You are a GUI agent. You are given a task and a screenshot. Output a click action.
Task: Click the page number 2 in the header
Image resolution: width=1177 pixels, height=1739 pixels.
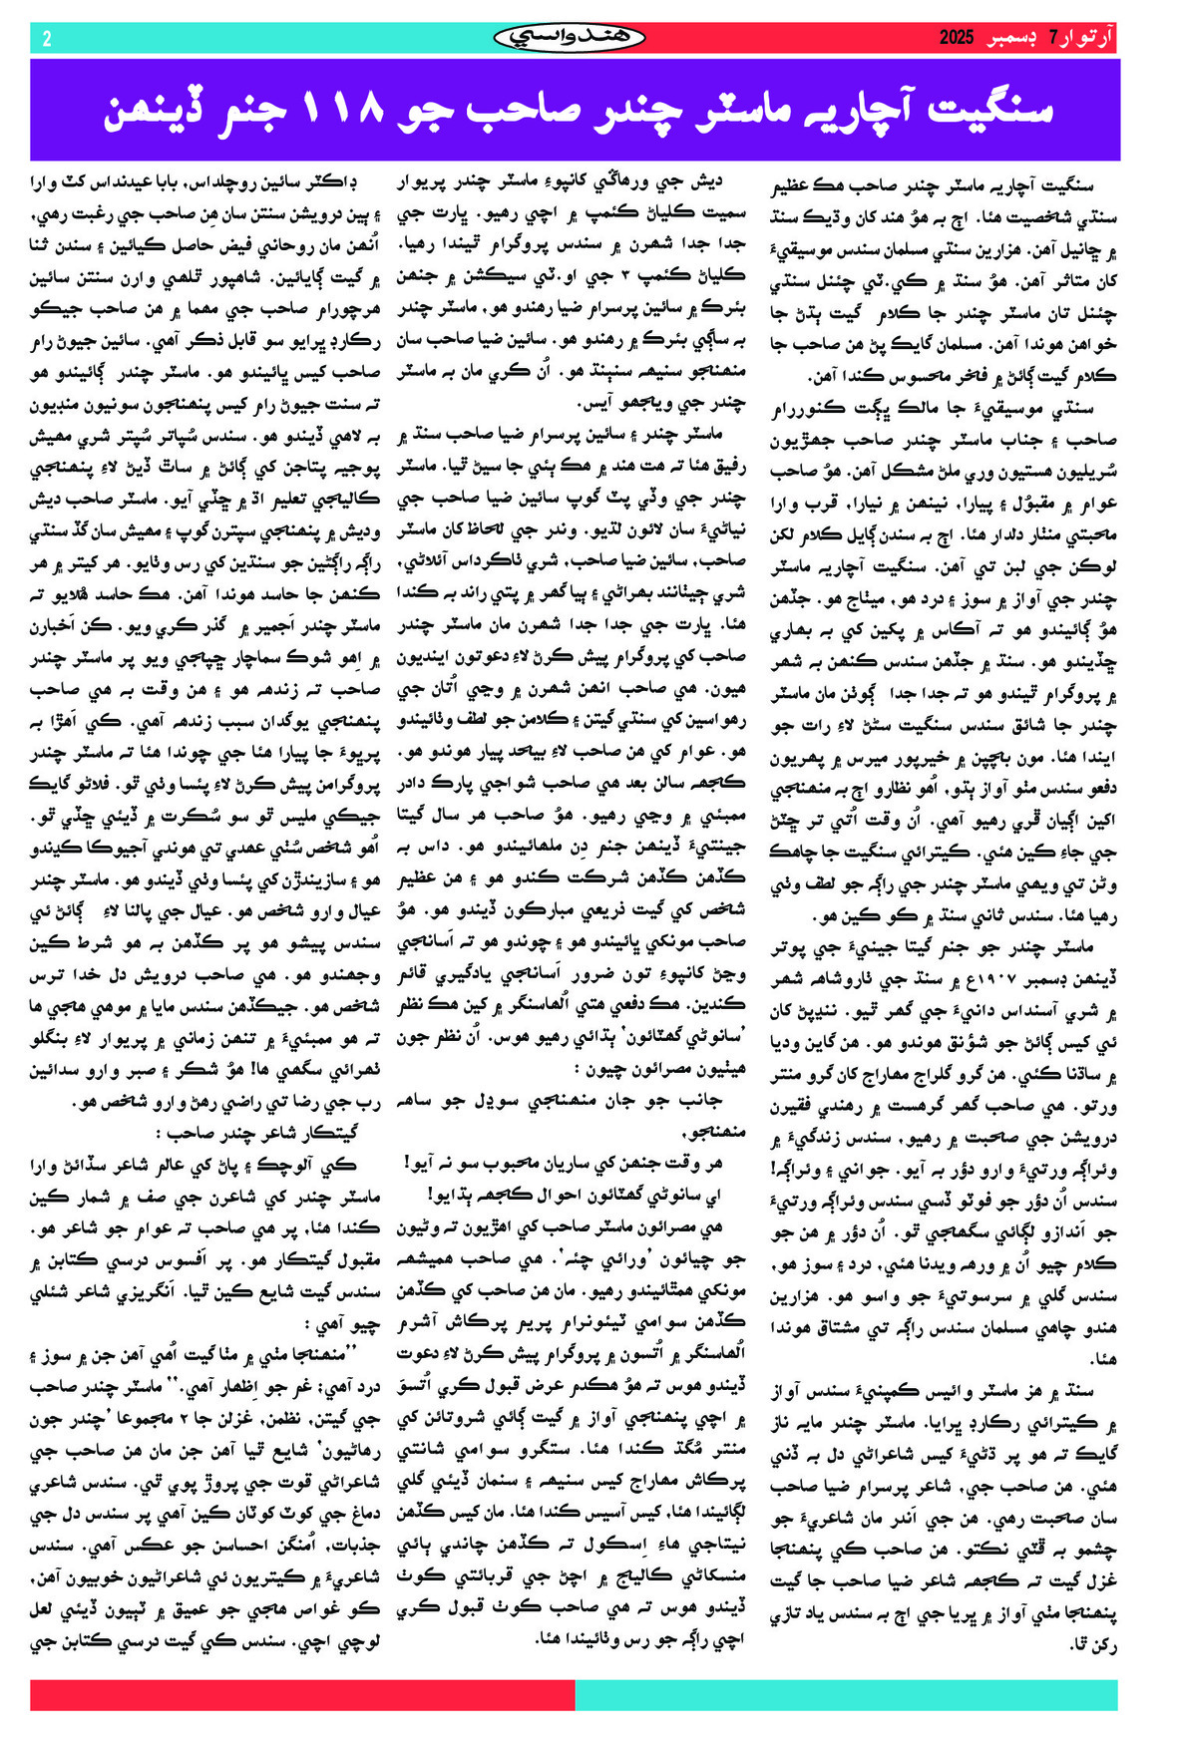[x=46, y=39]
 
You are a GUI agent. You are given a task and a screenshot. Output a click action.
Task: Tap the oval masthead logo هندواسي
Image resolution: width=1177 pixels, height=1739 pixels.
[x=570, y=38]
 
